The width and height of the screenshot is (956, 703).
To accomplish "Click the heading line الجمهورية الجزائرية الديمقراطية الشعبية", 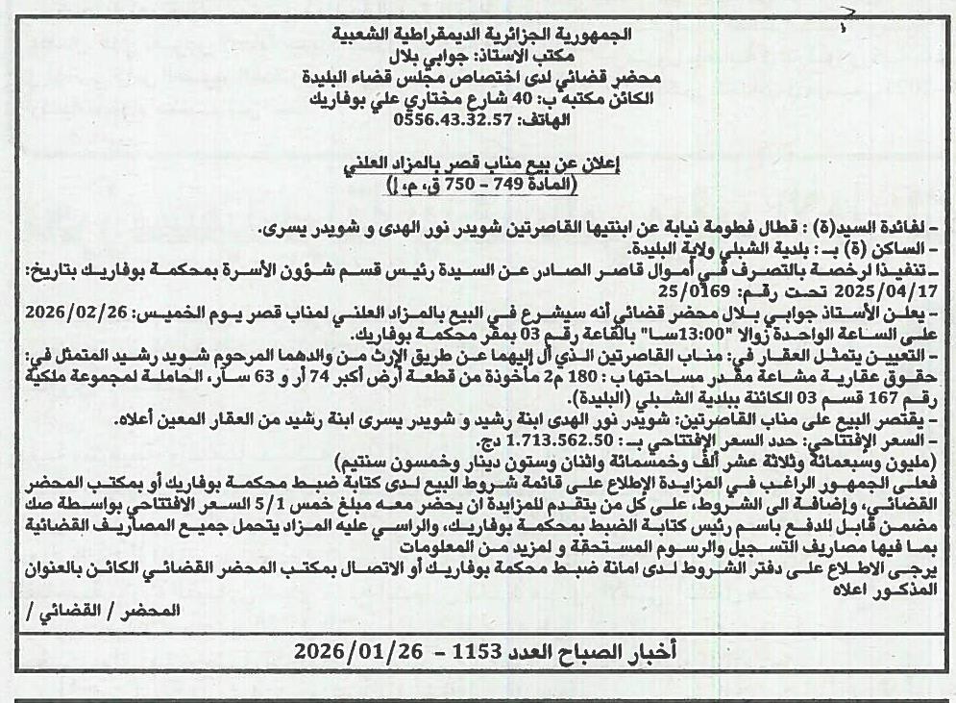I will coord(483,34).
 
